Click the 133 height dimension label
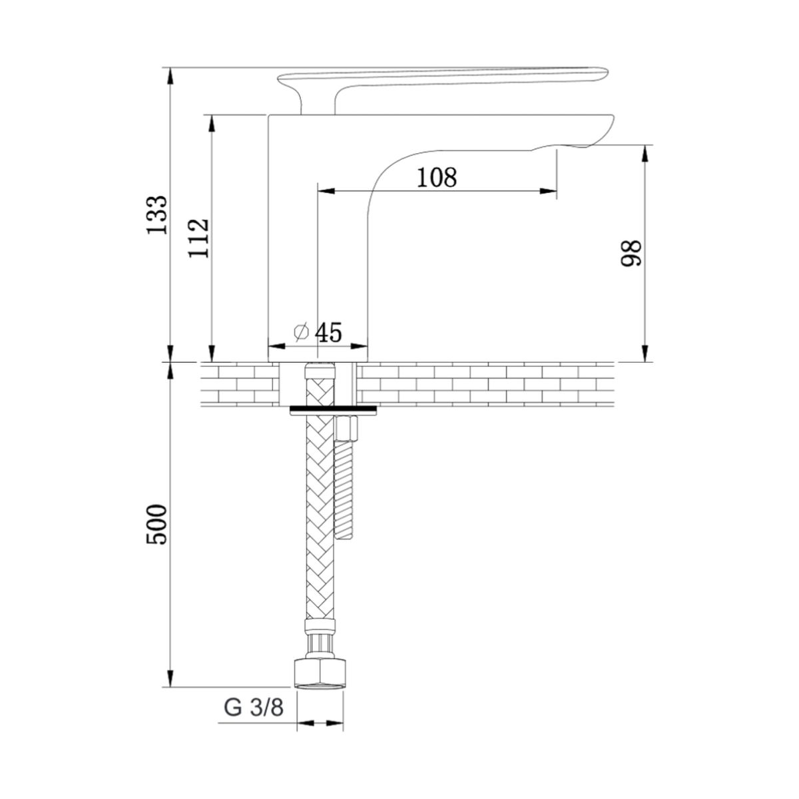(157, 215)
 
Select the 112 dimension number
(198, 238)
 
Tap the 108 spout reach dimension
(437, 177)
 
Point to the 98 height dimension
(631, 253)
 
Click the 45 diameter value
(328, 332)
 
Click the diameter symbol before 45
(302, 332)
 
